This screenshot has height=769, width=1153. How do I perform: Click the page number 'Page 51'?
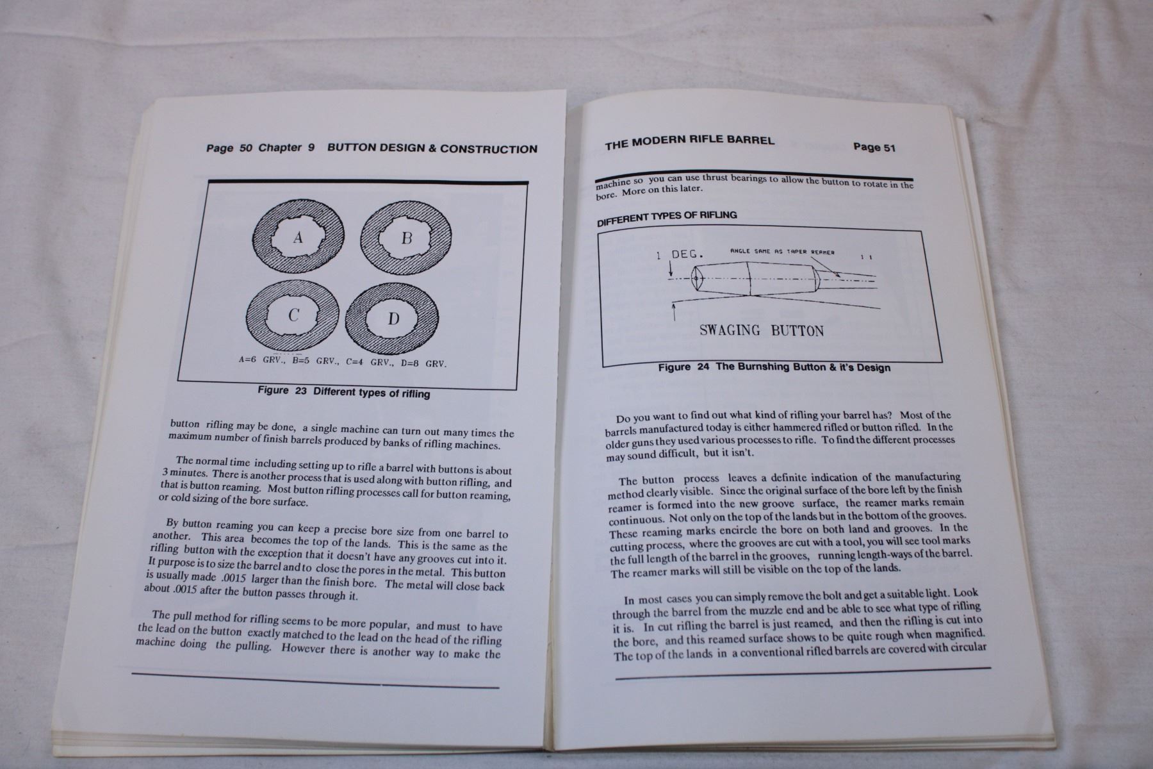click(874, 147)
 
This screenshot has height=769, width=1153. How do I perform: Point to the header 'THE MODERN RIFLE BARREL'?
click(689, 141)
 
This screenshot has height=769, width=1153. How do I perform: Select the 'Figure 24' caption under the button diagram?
click(774, 367)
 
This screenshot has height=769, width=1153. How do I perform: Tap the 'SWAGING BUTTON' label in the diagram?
click(761, 331)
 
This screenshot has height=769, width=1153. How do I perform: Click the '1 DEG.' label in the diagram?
click(679, 254)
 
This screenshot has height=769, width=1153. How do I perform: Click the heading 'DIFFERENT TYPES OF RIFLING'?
click(667, 216)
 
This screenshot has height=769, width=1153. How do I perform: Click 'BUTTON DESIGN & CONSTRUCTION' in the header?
click(432, 149)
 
